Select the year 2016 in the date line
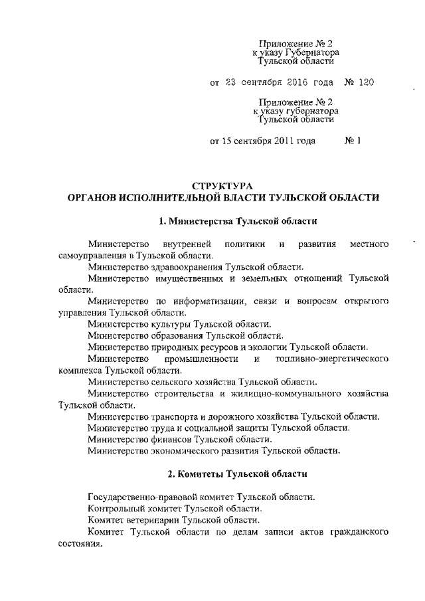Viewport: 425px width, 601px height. click(294, 84)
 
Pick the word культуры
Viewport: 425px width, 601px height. click(163, 324)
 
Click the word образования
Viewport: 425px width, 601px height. click(170, 336)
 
